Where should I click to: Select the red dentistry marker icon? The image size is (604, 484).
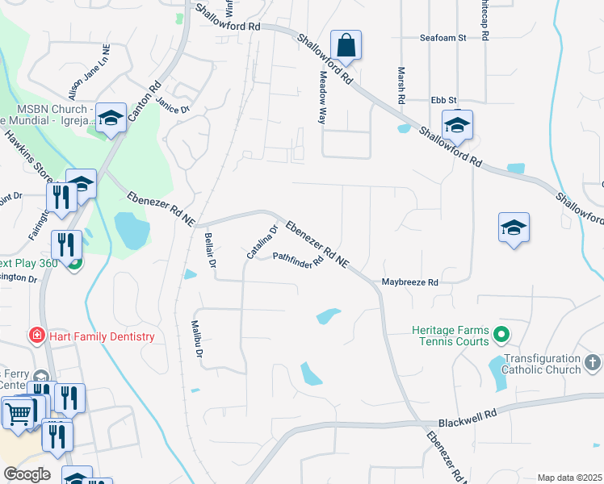[x=36, y=335]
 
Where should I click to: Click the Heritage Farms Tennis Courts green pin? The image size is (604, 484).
[x=501, y=332]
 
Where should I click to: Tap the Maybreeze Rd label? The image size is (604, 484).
[x=409, y=282]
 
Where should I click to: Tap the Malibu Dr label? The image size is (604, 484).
[x=196, y=339]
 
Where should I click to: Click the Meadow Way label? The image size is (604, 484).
[x=322, y=97]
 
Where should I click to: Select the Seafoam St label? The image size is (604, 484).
[x=443, y=37]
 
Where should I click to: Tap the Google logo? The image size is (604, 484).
[x=26, y=474]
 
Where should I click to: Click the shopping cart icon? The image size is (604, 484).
[x=18, y=413]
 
